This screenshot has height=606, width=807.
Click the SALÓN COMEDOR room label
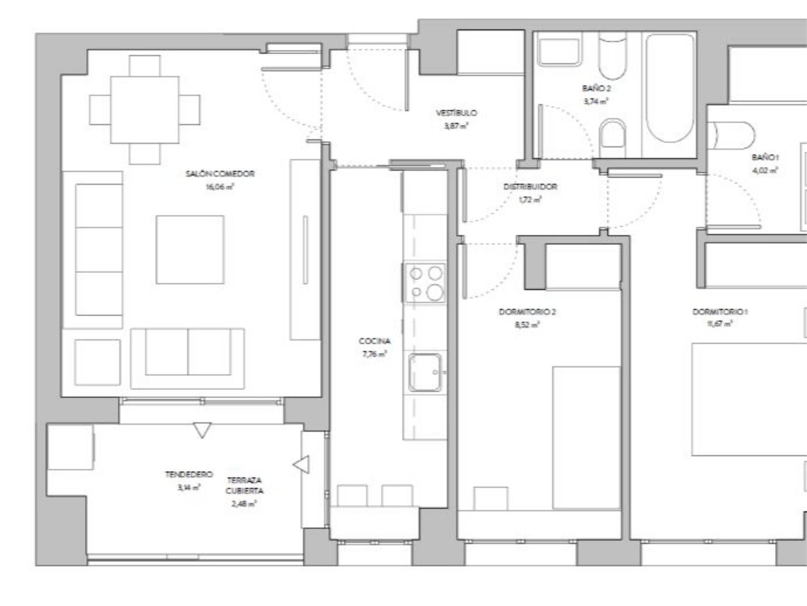220,174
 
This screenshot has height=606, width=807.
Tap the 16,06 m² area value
219,187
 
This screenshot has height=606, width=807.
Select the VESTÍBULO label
456,113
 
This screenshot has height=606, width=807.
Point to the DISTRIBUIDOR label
530,186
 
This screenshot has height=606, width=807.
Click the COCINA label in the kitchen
374,341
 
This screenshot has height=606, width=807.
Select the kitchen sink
425,372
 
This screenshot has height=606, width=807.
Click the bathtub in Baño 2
670,88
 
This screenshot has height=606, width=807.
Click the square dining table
144,110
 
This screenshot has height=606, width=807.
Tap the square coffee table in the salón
190,250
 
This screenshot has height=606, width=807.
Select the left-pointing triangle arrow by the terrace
301,465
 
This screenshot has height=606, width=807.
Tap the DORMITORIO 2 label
527,312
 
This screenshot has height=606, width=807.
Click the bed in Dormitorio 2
586,437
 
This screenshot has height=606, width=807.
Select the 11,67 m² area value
720,324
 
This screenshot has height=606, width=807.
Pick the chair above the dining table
145,66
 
